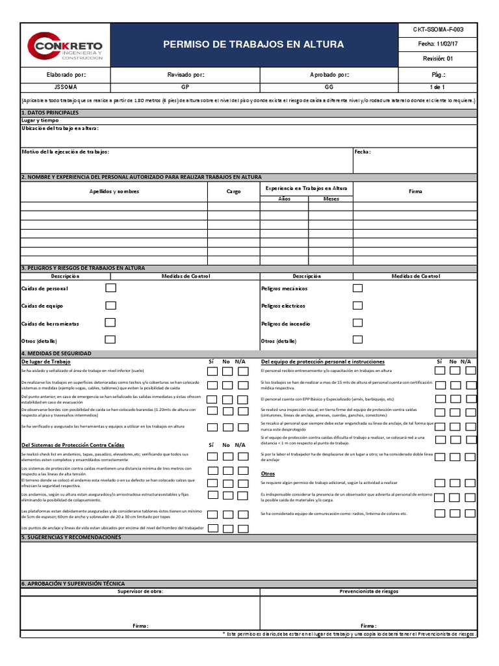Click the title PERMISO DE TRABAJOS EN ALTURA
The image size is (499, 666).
click(254, 45)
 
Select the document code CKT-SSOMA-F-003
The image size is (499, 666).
click(438, 30)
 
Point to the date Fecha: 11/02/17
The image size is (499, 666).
click(438, 44)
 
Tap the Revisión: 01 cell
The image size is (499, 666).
click(438, 59)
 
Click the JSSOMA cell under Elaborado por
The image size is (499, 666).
click(66, 87)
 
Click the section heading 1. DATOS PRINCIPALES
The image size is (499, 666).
click(50, 113)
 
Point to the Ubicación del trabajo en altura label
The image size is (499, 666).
click(60, 128)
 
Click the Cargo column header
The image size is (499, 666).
click(233, 191)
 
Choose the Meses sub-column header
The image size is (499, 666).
click(331, 198)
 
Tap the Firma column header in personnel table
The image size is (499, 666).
click(415, 191)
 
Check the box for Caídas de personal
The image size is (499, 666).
click(111, 287)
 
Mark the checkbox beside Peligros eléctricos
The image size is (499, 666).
click(358, 305)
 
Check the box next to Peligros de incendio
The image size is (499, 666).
click(358, 323)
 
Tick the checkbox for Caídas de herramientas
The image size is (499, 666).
click(111, 323)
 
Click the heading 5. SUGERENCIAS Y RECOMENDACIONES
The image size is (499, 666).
click(71, 538)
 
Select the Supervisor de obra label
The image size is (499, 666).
click(140, 591)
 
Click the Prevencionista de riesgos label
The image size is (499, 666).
click(369, 591)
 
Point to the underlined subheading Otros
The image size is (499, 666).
click(268, 473)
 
